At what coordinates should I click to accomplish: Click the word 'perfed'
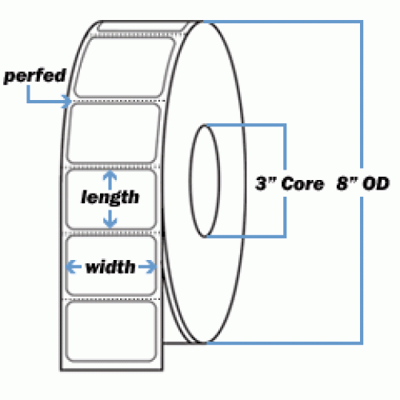click(34, 76)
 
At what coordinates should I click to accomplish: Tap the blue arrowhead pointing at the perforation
click(66, 102)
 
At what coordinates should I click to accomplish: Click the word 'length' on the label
click(110, 198)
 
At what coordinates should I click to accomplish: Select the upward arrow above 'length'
click(110, 180)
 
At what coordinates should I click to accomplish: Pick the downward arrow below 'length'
click(110, 219)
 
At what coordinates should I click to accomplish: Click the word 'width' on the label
click(110, 267)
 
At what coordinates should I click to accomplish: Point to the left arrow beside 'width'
click(74, 267)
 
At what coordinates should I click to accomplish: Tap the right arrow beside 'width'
click(147, 267)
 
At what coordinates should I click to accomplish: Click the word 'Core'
click(302, 184)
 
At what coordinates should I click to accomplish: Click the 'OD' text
click(376, 183)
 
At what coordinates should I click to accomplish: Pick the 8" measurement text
click(346, 183)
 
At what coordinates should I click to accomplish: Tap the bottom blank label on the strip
click(110, 331)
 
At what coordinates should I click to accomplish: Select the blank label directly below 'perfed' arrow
click(114, 134)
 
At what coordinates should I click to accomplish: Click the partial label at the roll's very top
click(142, 26)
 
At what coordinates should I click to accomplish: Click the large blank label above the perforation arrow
click(125, 67)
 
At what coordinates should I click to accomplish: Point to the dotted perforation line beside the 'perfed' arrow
click(118, 101)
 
